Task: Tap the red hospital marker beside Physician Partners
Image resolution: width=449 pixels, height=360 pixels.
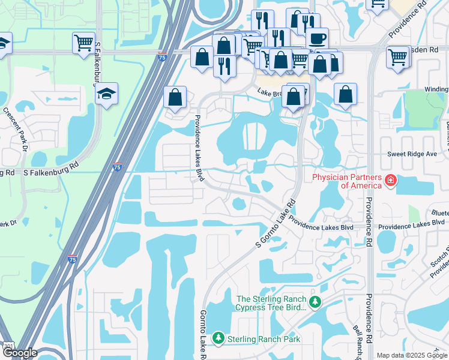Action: point(391,180)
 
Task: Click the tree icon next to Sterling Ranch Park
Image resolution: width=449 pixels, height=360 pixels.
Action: point(218,339)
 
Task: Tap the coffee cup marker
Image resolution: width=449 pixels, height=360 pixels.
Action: point(317,39)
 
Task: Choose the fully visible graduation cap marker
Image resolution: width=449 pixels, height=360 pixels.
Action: point(107,94)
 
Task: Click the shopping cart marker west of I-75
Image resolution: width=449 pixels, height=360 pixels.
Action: point(83,43)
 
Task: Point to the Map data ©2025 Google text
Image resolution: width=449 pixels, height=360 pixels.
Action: point(412,355)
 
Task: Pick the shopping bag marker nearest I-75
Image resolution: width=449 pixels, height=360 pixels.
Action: point(175,98)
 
